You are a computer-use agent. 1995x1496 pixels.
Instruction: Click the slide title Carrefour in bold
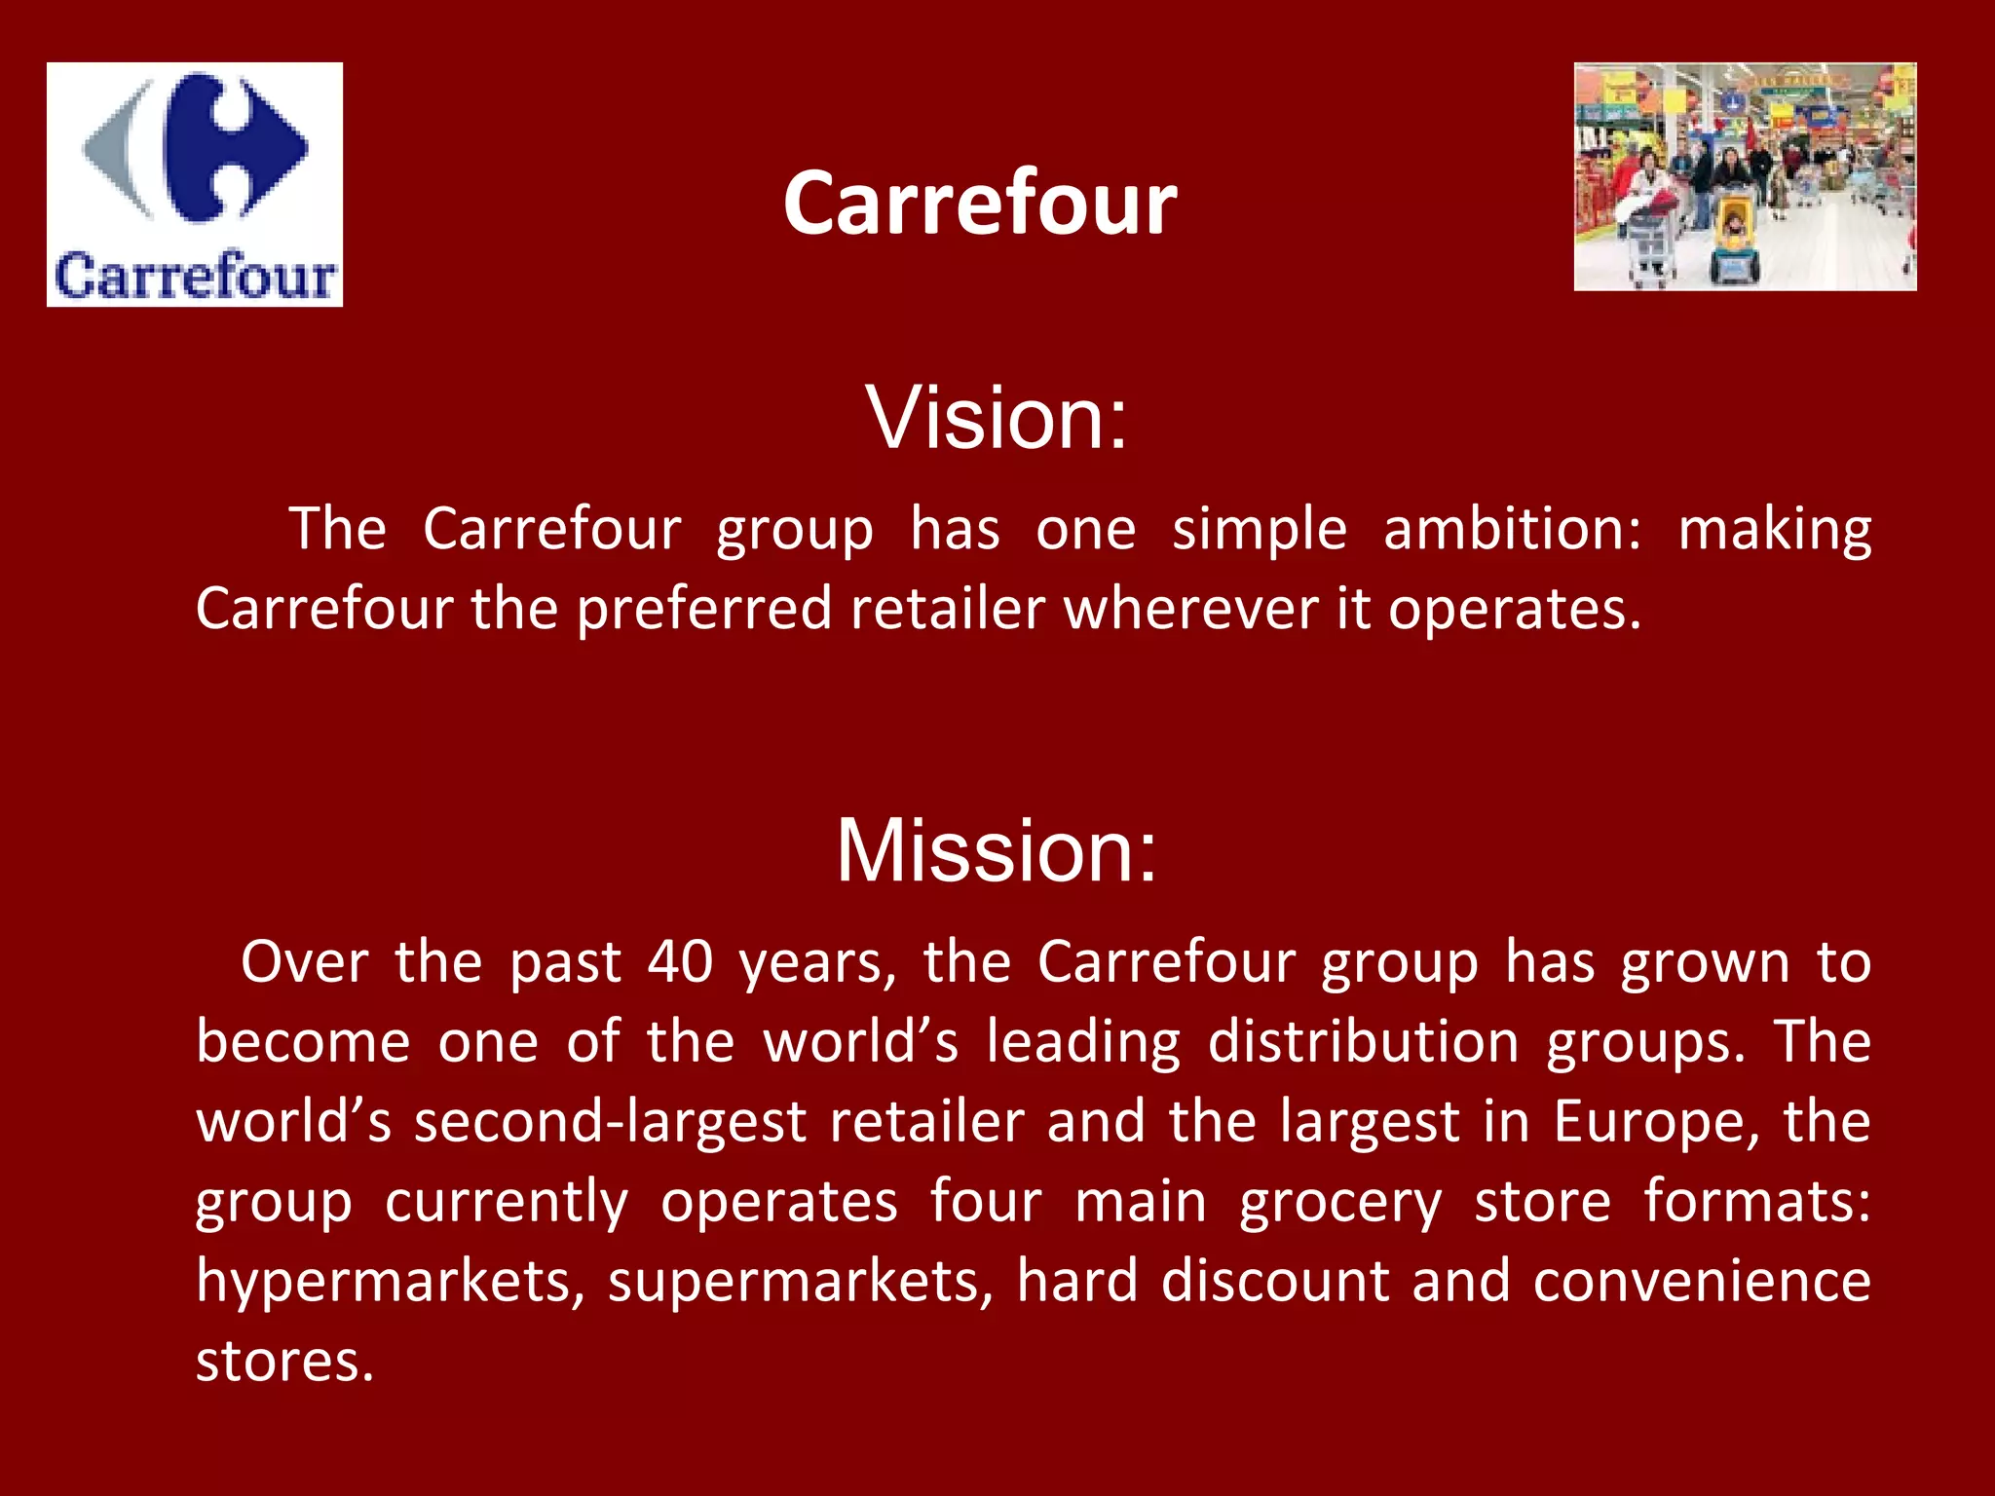pyautogui.click(x=980, y=203)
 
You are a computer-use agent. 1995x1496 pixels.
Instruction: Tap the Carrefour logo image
pyautogui.click(x=195, y=185)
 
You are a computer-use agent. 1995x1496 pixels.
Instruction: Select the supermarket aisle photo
pyautogui.click(x=1745, y=177)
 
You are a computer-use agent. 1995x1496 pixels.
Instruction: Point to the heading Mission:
pyautogui.click(x=997, y=850)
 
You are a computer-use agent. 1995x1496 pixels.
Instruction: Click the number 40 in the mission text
pyautogui.click(x=681, y=962)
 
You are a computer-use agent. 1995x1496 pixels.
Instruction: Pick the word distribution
pyautogui.click(x=1364, y=1042)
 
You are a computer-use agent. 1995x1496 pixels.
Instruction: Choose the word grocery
pyautogui.click(x=1340, y=1202)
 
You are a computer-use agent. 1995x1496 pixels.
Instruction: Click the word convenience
pyautogui.click(x=1702, y=1282)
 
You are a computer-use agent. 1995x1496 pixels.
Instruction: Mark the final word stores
pyautogui.click(x=284, y=1362)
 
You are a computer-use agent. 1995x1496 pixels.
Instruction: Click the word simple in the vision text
pyautogui.click(x=1260, y=530)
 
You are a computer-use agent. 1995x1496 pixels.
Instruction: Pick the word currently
pyautogui.click(x=507, y=1202)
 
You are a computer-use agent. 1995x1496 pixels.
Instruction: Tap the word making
pyautogui.click(x=1774, y=530)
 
